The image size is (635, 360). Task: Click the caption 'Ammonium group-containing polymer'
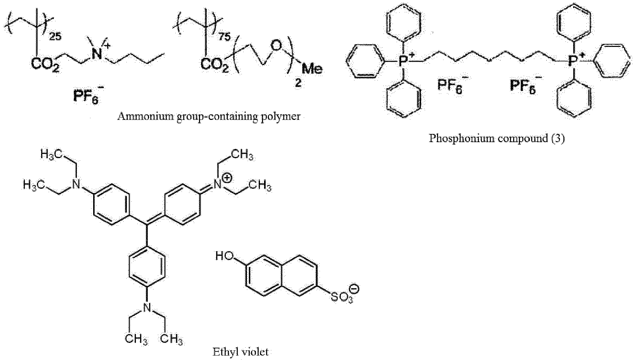click(x=209, y=117)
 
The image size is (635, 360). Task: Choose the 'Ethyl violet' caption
click(x=240, y=352)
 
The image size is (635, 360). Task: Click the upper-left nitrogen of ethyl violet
click(x=77, y=185)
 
